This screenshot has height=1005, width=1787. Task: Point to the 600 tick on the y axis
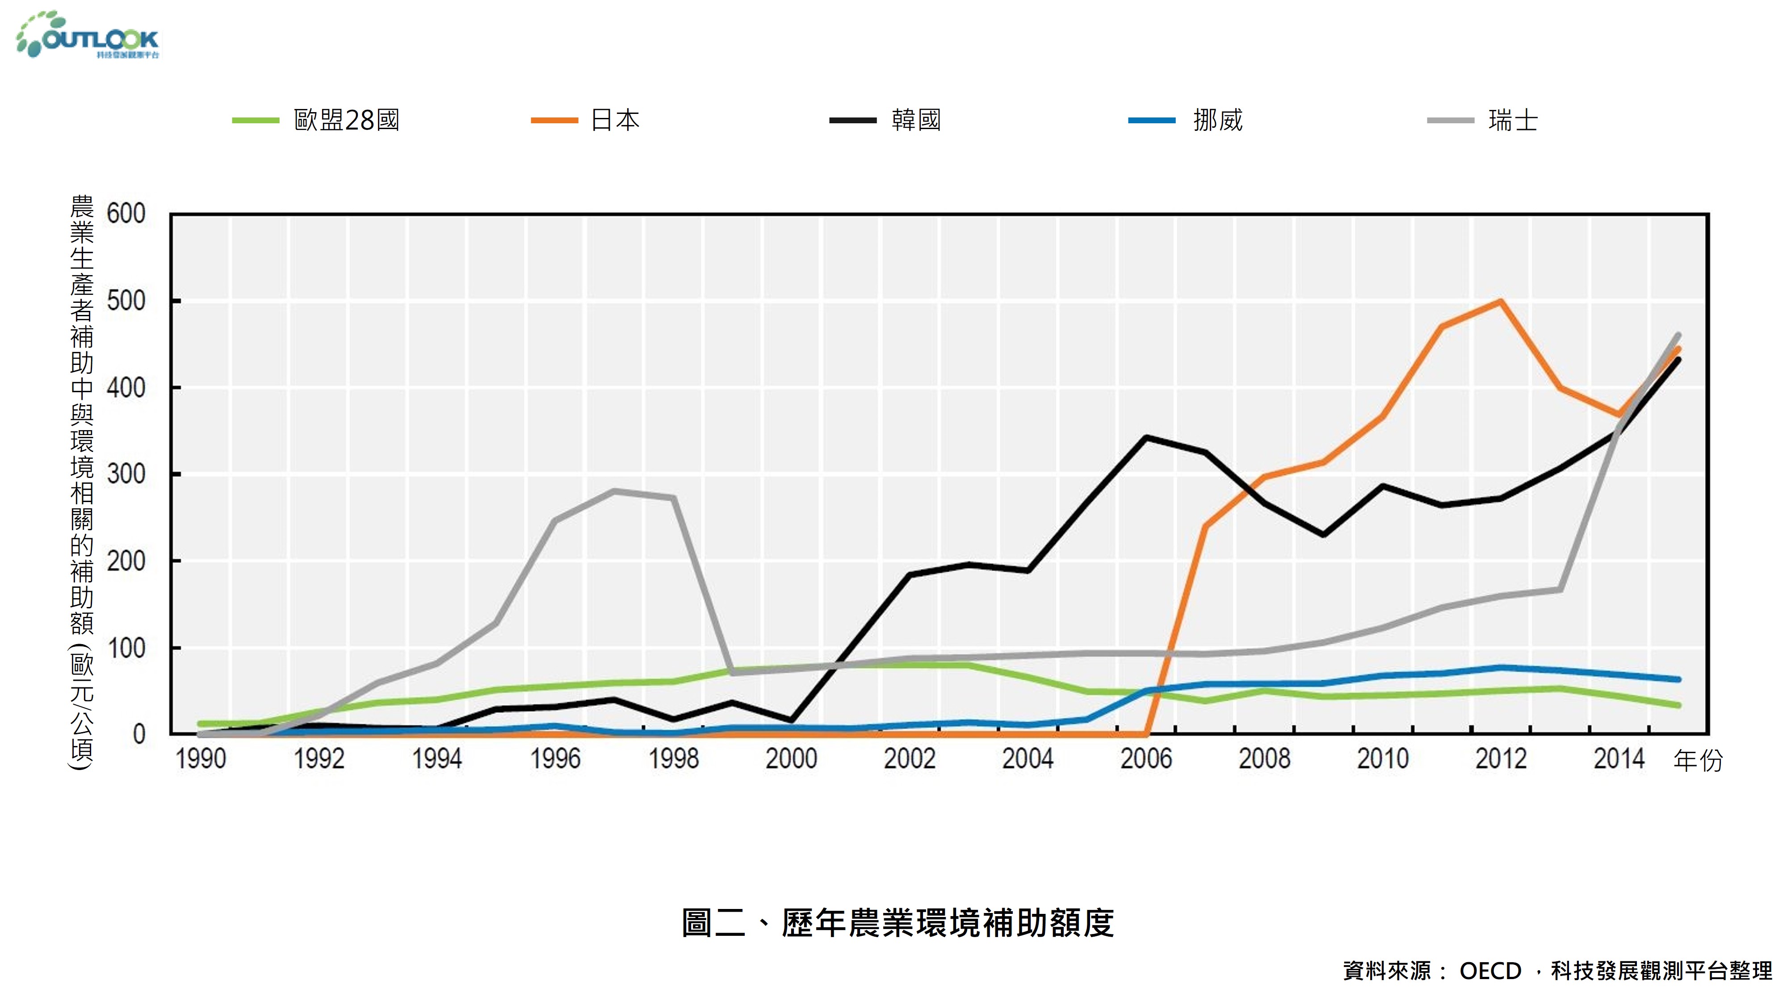click(126, 214)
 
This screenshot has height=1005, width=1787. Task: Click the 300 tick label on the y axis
click(126, 474)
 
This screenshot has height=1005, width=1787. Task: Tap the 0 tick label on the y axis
click(139, 734)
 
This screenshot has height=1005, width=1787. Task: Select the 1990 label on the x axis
click(201, 759)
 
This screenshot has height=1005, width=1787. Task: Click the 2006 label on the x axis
click(1146, 759)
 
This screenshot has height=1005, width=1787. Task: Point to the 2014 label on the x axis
click(1619, 759)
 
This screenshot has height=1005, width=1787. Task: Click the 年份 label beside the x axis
click(1698, 761)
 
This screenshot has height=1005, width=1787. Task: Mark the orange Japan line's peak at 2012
click(1501, 301)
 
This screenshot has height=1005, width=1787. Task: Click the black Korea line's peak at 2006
click(1146, 438)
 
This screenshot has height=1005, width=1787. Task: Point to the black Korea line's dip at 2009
click(1324, 535)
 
